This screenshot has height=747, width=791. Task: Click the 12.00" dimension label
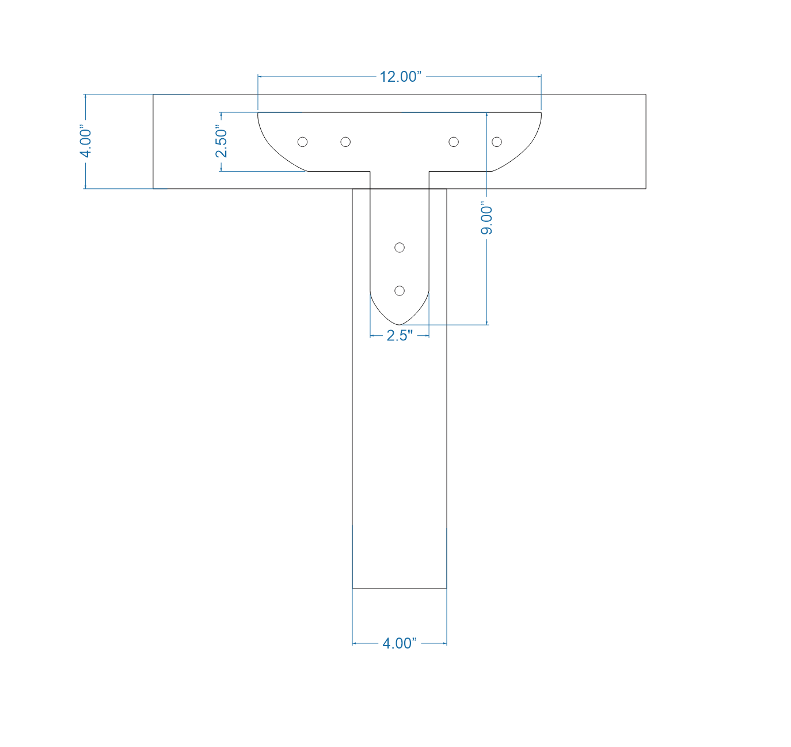point(400,77)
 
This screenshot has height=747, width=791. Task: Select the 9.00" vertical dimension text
point(487,220)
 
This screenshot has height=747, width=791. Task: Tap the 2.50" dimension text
point(222,142)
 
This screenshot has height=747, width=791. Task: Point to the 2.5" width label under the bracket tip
point(400,336)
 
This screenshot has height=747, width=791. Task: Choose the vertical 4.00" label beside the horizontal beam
point(86,142)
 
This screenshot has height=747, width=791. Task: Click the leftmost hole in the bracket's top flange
point(302,142)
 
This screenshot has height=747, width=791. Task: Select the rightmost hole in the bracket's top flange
point(497,142)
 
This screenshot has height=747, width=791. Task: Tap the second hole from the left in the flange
point(345,142)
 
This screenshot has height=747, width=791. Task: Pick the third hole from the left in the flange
point(454,142)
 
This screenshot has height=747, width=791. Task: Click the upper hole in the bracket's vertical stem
point(400,248)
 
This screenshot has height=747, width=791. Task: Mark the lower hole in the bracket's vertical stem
point(400,291)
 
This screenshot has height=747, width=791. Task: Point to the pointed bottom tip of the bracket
point(400,325)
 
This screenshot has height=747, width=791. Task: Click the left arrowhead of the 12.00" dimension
point(260,76)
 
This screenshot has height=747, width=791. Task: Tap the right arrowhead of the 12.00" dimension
point(539,76)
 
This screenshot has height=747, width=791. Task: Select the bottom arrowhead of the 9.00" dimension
point(487,323)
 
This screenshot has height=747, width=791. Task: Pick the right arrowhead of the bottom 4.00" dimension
point(444,643)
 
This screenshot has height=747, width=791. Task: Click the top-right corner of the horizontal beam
point(645,94)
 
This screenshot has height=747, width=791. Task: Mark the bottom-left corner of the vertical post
point(352,589)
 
